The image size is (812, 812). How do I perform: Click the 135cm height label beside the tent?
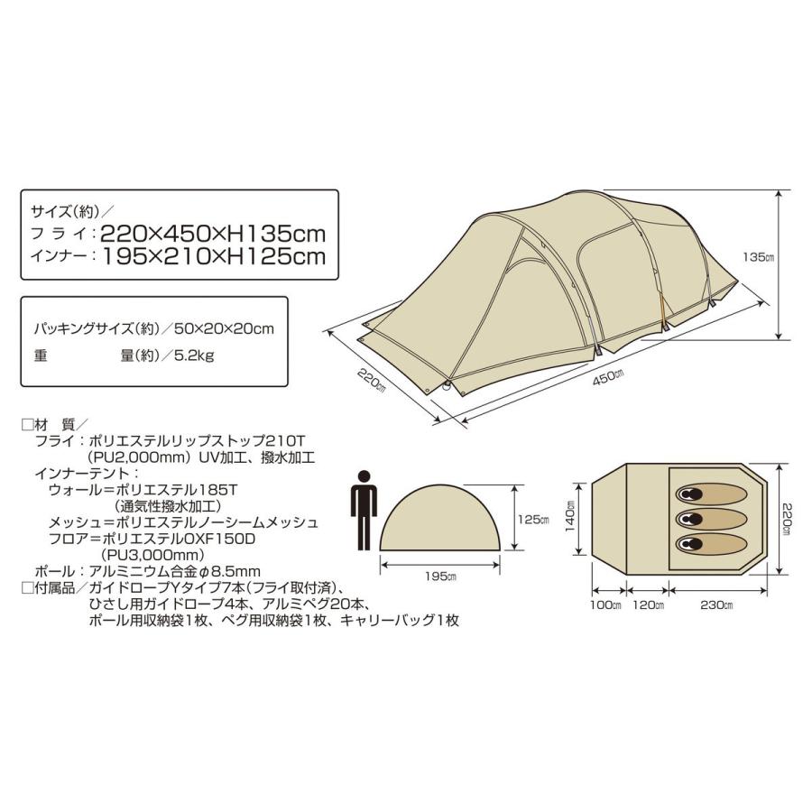coord(758,256)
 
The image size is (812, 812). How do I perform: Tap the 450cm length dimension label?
coord(609,376)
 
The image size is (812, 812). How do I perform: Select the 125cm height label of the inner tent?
coord(533,519)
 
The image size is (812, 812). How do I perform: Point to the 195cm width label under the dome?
coord(440,576)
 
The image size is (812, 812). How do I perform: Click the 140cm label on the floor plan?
coord(569,516)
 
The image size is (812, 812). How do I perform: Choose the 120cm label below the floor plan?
coord(649,604)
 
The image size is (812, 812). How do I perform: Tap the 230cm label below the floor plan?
coord(716,604)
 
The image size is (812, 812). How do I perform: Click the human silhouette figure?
coord(364,510)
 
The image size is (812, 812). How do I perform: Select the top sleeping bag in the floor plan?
coord(711,494)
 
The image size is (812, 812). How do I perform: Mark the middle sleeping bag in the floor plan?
coord(711,519)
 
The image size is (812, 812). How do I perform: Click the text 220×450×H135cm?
coord(213,234)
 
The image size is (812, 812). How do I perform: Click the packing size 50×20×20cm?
coord(224,328)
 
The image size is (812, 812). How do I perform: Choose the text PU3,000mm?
coord(152,555)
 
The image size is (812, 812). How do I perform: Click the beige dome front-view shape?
coord(440,517)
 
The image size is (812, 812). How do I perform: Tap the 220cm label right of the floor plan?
coord(787,519)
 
